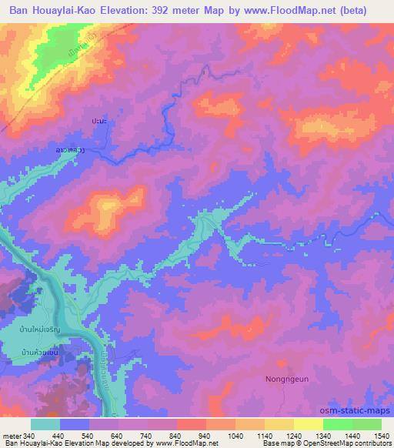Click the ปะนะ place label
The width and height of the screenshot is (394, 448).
coord(97,121)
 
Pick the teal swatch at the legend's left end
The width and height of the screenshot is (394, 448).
coord(45,423)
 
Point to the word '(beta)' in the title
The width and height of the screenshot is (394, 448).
coord(350,10)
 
